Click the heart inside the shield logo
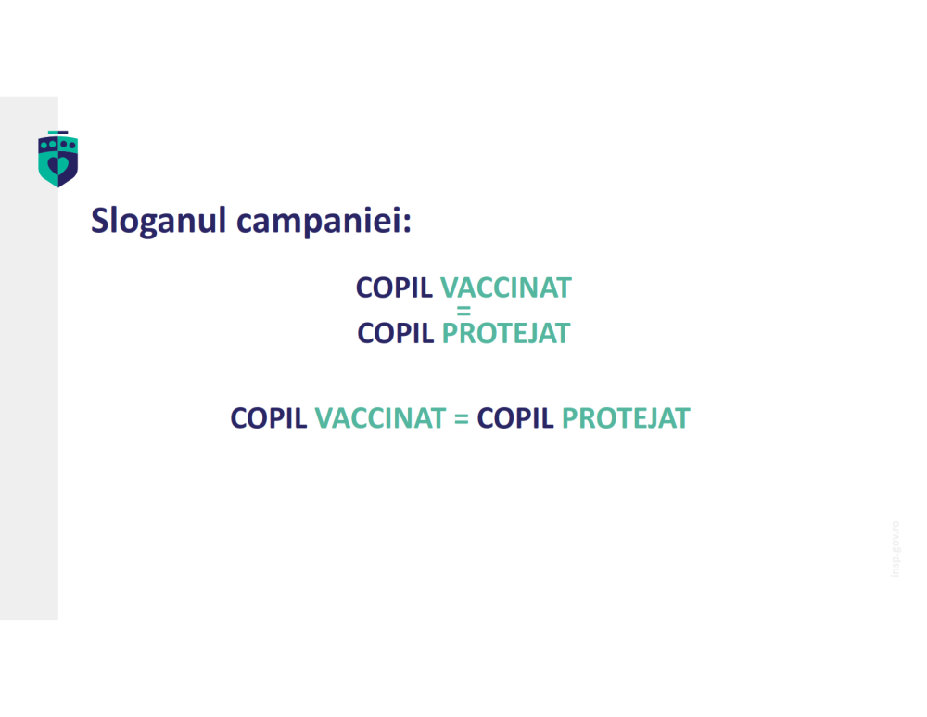click(57, 164)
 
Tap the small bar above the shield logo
click(57, 133)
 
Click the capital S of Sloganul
click(99, 221)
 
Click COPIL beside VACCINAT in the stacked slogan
click(394, 288)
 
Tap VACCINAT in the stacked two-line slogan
click(505, 288)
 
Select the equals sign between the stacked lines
click(464, 311)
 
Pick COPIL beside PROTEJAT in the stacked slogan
click(395, 333)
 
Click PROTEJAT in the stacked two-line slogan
click(505, 333)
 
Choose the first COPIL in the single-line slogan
click(269, 418)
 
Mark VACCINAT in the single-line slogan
click(380, 418)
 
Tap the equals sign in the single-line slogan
click(461, 418)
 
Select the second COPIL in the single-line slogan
click(515, 418)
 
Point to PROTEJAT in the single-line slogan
click(626, 418)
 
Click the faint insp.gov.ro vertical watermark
click(895, 548)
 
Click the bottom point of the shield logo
click(57, 186)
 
